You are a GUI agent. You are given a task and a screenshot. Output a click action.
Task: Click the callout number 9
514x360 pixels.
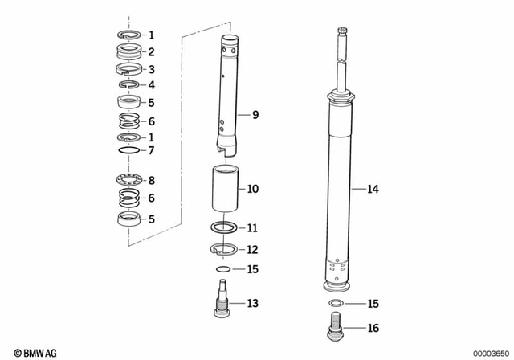click(x=255, y=116)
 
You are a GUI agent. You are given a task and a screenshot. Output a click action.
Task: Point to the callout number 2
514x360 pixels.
click(x=150, y=52)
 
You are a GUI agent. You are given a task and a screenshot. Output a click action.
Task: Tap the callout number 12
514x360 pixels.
click(x=252, y=249)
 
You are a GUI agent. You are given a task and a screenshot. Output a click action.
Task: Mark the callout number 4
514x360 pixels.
click(x=150, y=85)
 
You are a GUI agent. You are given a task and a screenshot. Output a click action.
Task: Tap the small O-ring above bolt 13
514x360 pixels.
click(x=224, y=269)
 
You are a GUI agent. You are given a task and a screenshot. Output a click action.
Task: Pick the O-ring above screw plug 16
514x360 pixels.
click(x=338, y=303)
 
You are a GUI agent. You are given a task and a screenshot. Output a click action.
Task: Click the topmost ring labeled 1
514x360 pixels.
click(x=128, y=35)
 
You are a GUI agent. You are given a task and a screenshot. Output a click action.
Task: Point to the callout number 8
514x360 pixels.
click(x=150, y=181)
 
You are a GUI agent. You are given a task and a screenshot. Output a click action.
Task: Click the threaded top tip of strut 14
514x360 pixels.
click(x=342, y=33)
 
